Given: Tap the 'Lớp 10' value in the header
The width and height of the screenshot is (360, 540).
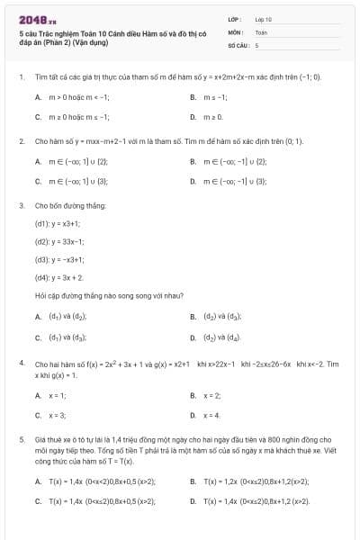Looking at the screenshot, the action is (x=264, y=19).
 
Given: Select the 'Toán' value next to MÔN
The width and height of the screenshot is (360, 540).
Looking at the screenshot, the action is (x=261, y=31).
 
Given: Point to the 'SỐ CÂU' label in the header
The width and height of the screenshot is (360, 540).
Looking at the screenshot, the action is (x=238, y=44).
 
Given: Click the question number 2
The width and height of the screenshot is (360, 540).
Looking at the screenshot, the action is (x=21, y=141).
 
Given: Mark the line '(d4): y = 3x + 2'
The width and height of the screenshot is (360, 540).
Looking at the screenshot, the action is (x=59, y=278).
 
